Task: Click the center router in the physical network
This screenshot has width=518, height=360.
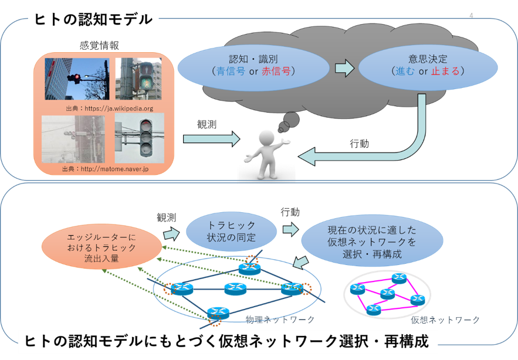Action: pyautogui.click(x=235, y=288)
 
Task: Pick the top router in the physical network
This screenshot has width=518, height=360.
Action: pyautogui.click(x=250, y=267)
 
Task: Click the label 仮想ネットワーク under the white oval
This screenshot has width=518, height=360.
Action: pyautogui.click(x=445, y=320)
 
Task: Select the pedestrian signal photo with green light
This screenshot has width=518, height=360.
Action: pyautogui.click(x=138, y=79)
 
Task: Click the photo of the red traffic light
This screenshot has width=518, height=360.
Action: pyautogui.click(x=77, y=79)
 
